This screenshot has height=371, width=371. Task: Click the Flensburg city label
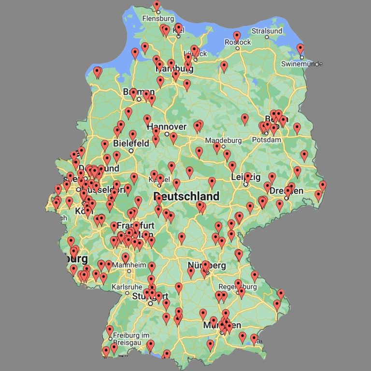pyautogui.click(x=157, y=19)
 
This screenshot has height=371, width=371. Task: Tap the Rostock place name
pyautogui.click(x=238, y=43)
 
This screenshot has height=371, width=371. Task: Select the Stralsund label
pyautogui.click(x=267, y=31)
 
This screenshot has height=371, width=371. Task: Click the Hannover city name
pyautogui.click(x=170, y=127)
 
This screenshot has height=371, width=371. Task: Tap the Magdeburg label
pyautogui.click(x=223, y=141)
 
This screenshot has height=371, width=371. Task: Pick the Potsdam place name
pyautogui.click(x=267, y=140)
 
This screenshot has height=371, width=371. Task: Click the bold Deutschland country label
pyautogui.click(x=186, y=197)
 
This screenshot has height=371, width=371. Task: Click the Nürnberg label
pyautogui.click(x=207, y=266)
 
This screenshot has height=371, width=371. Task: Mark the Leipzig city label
pyautogui.click(x=245, y=177)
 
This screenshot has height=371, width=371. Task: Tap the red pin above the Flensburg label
pyautogui.click(x=157, y=5)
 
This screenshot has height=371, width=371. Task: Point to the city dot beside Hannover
pyautogui.click(x=167, y=134)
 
